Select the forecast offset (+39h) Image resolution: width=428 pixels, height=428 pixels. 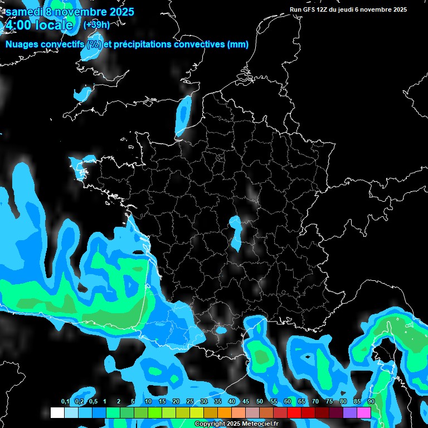(x=96, y=25)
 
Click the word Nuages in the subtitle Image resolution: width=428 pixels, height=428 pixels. (x=23, y=45)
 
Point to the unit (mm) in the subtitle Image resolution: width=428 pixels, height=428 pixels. (x=238, y=45)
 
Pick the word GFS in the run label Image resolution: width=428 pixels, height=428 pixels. (x=308, y=9)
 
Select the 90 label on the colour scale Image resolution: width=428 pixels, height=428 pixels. (x=371, y=401)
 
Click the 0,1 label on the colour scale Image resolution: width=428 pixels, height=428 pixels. (x=65, y=401)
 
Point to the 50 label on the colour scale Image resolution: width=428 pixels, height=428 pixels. (x=260, y=401)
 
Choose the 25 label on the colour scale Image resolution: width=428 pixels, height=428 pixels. (x=190, y=401)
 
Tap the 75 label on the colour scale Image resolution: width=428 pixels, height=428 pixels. (x=329, y=401)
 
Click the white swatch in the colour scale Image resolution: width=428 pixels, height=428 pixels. (x=57, y=412)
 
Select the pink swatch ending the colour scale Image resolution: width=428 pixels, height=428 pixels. (x=364, y=412)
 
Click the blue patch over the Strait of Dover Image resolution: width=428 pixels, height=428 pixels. (x=183, y=114)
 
